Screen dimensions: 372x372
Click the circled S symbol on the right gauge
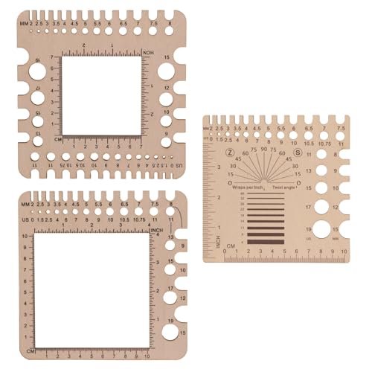tap(298, 153)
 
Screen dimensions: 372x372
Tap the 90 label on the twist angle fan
tap(264, 149)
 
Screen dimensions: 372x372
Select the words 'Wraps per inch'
tap(248, 188)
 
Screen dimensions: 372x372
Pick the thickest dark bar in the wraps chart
tap(264, 241)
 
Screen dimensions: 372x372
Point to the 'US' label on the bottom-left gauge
tap(26, 220)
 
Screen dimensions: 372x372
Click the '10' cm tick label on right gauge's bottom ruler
tap(344, 251)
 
